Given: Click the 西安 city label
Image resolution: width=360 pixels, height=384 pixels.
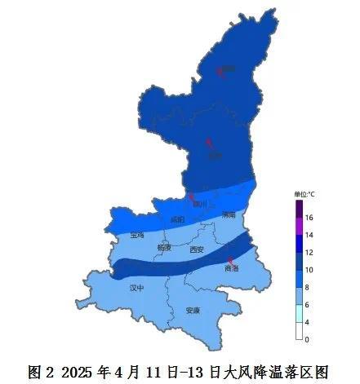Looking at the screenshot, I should click(x=196, y=249).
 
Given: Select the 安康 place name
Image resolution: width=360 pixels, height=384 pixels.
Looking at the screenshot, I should click(x=193, y=311).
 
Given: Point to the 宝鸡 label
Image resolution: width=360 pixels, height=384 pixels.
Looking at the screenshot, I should click(x=136, y=235).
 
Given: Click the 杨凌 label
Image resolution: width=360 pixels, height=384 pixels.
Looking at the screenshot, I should click(x=164, y=246).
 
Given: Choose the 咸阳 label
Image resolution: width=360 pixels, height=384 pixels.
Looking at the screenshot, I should click(x=178, y=219).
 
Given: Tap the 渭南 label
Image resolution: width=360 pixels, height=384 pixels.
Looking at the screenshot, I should click(x=228, y=214).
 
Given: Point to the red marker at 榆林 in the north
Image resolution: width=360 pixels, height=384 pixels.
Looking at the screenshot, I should click(x=219, y=72).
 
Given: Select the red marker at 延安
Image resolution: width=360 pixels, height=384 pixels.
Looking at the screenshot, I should click(x=209, y=143).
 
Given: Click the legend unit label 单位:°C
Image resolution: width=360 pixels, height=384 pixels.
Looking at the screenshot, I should click(x=304, y=194).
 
